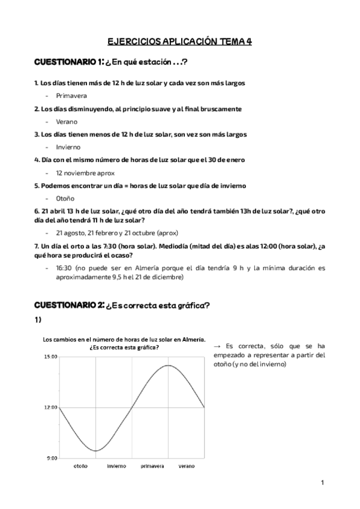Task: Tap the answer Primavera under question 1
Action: (71, 95)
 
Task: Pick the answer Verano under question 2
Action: (67, 121)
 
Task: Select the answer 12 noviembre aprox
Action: (85, 173)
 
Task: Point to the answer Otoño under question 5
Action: (65, 199)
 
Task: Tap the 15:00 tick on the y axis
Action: (50, 357)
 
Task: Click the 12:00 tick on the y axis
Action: (50, 408)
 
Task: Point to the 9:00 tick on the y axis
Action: (51, 458)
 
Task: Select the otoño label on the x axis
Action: (80, 466)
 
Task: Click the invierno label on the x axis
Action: (116, 466)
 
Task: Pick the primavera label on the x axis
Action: (154, 466)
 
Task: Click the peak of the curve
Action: (169, 365)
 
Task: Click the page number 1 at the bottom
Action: (322, 482)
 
